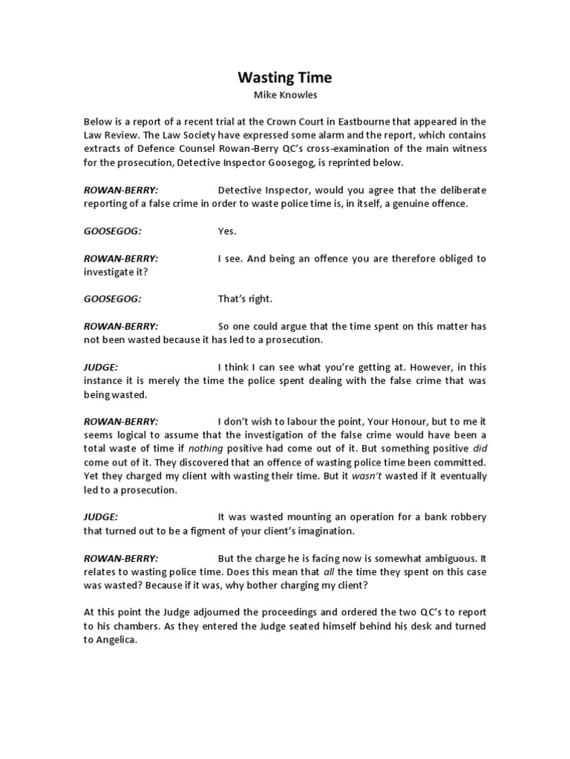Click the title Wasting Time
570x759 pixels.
pos(285,77)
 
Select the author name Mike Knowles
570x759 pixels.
pos(285,95)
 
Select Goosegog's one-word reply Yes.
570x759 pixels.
pos(226,231)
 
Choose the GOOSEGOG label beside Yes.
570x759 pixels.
pos(112,231)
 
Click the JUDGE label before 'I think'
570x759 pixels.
pos(100,367)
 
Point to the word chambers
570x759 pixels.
pos(125,626)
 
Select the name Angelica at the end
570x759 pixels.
pos(119,640)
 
